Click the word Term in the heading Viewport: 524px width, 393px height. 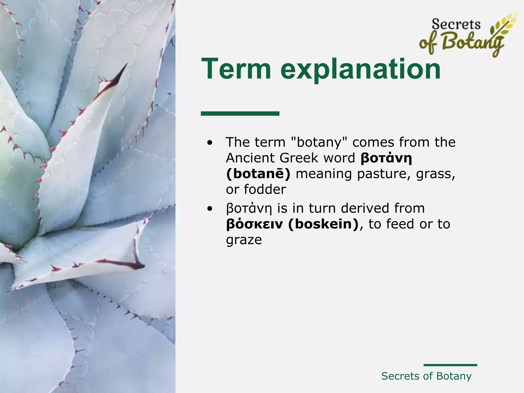236,69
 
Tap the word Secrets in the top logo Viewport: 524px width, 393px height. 456,25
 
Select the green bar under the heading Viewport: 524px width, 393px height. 240,113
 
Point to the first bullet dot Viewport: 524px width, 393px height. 210,143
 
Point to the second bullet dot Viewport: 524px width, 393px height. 210,209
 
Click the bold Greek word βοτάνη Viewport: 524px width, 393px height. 386,158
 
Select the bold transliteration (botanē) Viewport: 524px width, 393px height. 258,174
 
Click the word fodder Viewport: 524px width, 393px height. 265,190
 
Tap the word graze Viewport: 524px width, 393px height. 244,240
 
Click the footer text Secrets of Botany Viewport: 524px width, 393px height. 426,376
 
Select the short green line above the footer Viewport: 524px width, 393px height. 450,365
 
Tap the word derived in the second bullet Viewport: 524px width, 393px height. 364,208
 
